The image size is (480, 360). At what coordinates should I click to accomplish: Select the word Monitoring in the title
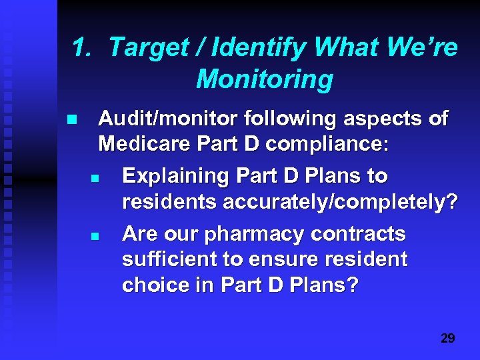click(x=265, y=79)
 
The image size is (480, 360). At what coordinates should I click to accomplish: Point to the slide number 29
click(x=448, y=339)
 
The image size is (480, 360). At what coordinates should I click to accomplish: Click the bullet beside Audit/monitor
click(x=71, y=121)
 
